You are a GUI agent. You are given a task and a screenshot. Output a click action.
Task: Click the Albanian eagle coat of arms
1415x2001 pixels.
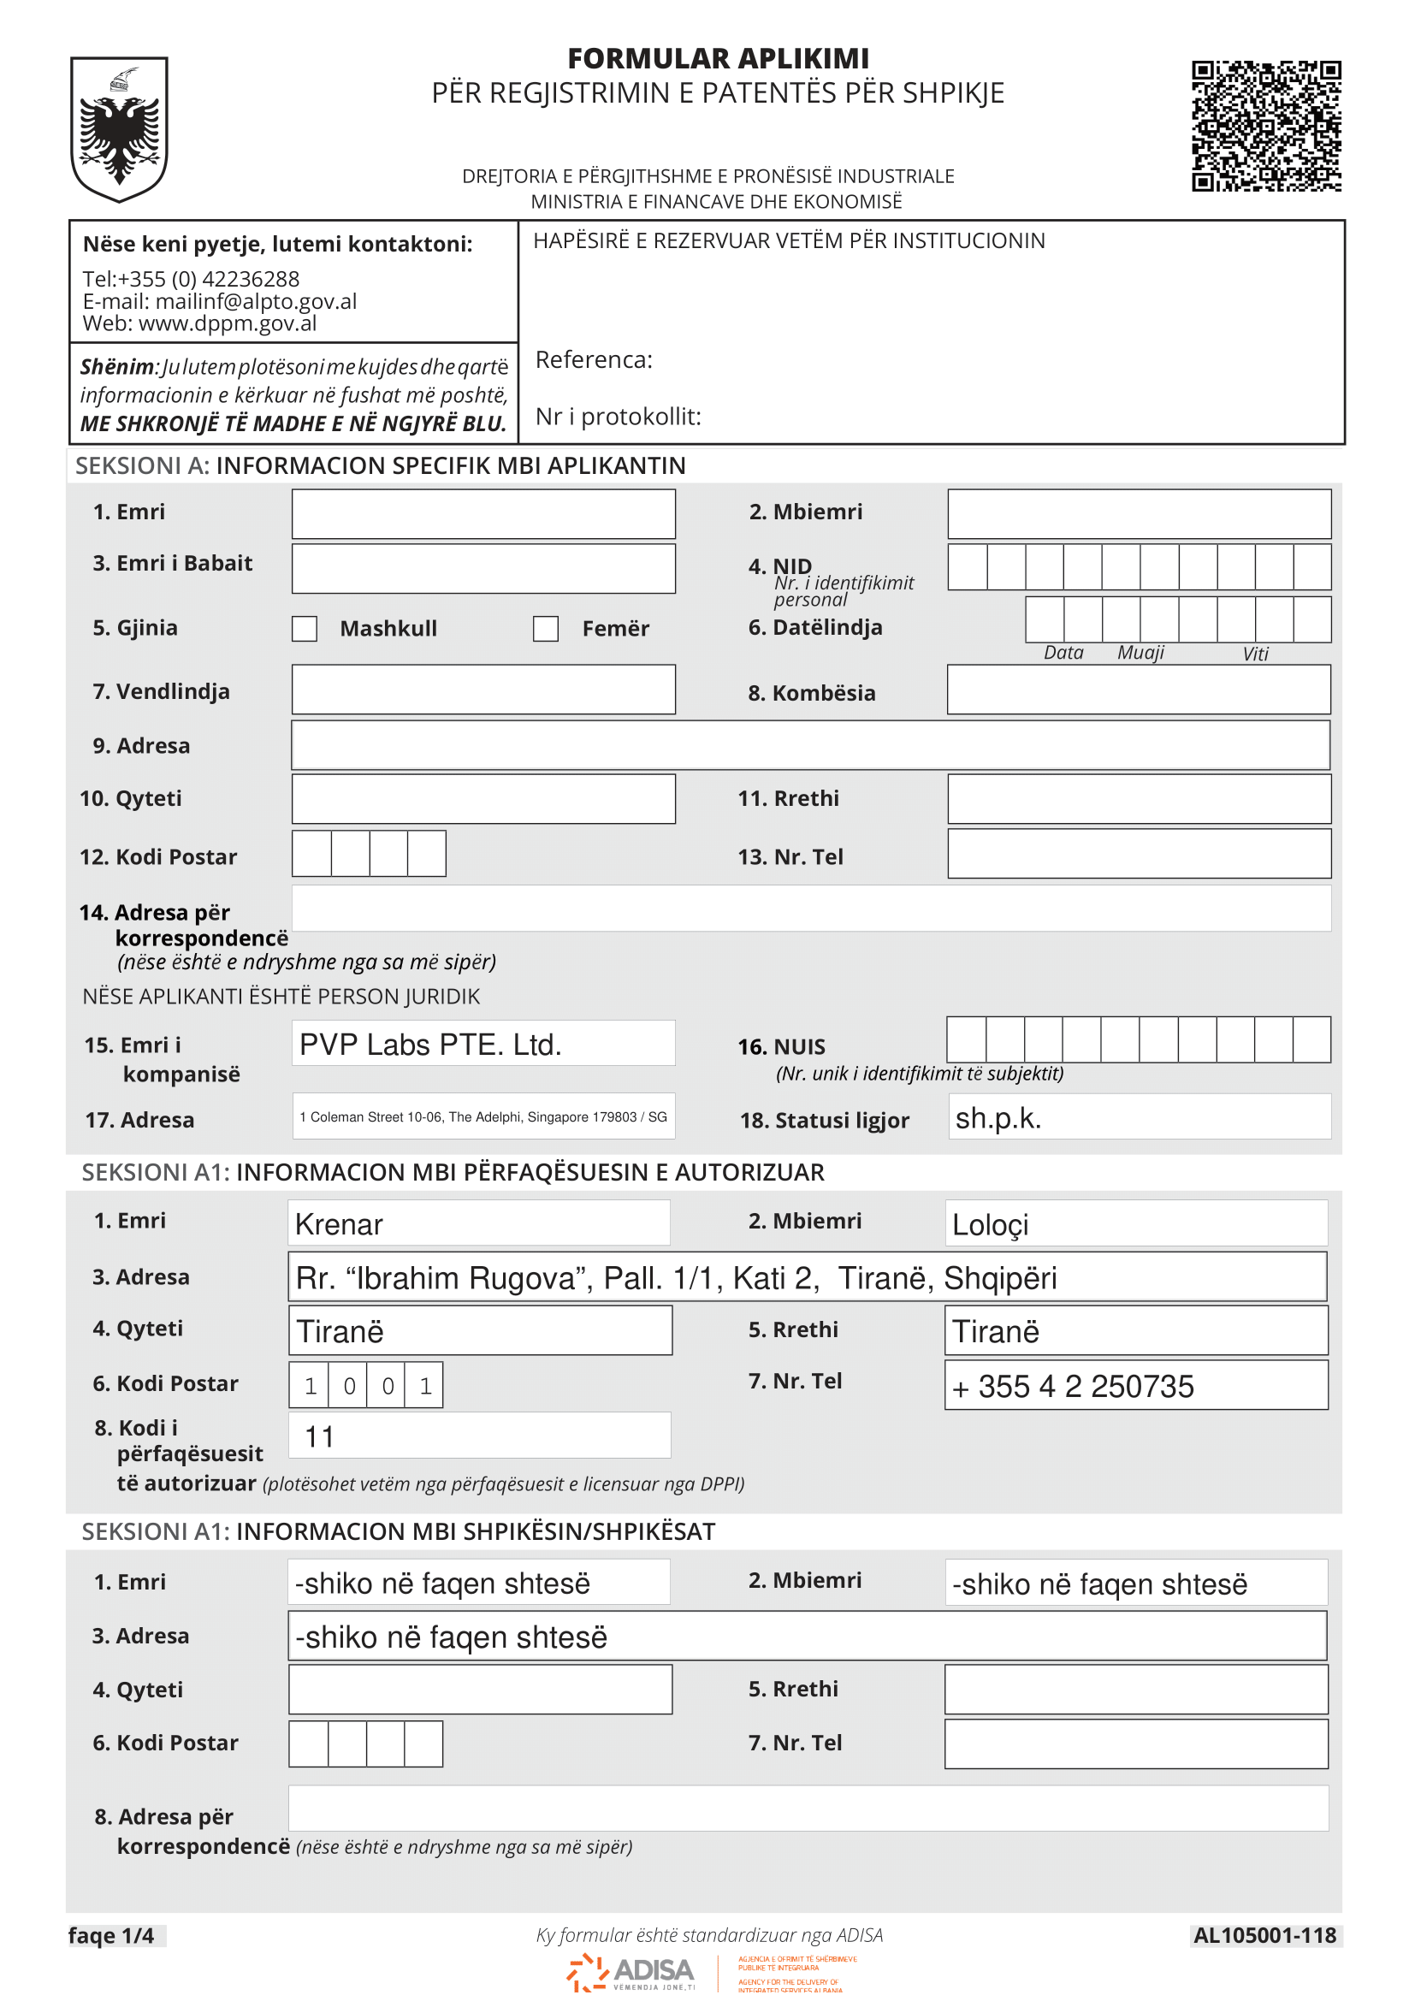pos(120,129)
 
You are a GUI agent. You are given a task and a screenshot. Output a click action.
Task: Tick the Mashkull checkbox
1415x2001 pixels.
pos(304,629)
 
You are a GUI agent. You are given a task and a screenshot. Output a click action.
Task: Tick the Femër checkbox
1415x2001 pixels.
pos(546,629)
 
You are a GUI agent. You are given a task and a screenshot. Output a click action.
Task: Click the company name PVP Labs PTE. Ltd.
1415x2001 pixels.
pos(430,1044)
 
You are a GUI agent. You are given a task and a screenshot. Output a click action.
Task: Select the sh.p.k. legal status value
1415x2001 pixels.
pos(998,1118)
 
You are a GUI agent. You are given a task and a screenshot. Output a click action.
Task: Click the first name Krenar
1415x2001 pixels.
pos(339,1224)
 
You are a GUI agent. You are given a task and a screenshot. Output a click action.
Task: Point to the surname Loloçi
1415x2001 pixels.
pos(990,1224)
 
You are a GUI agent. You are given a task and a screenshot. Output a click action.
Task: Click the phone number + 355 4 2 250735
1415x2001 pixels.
pos(1073,1387)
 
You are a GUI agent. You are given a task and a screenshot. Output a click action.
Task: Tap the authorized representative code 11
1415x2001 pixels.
pos(320,1437)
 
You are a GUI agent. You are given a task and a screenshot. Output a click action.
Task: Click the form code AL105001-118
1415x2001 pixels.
pos(1264,1936)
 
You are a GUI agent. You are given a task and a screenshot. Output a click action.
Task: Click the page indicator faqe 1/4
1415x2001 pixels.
pos(111,1936)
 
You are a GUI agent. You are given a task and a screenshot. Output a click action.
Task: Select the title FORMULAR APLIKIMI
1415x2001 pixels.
pos(718,58)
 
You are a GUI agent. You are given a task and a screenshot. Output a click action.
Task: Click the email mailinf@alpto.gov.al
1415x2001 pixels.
pos(255,301)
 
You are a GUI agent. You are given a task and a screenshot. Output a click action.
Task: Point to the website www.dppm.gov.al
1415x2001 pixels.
pos(228,323)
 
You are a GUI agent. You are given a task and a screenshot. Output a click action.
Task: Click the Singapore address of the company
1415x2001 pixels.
pos(483,1117)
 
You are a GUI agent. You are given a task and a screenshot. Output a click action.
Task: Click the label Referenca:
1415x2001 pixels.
pos(594,360)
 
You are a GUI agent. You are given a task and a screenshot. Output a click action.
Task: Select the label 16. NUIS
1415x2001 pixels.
pos(782,1046)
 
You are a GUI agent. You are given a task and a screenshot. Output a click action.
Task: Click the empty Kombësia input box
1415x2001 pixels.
pos(1138,690)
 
